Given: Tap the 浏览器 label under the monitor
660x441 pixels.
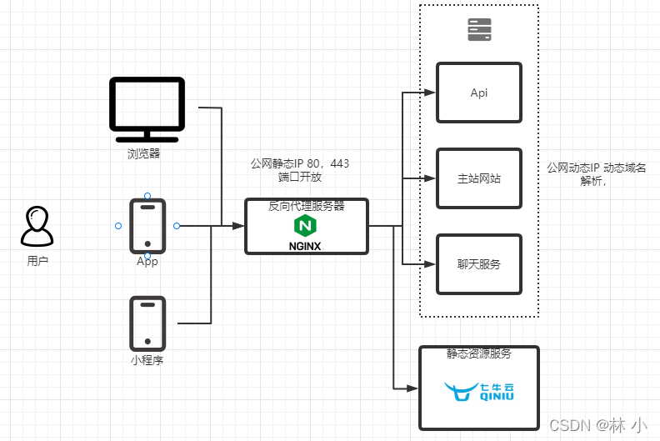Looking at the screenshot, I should [x=143, y=154].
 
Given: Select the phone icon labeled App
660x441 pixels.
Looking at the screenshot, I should [x=147, y=226].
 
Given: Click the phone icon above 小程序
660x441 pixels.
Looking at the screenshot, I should [x=147, y=323].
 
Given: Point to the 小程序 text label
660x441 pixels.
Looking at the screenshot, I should [x=147, y=361].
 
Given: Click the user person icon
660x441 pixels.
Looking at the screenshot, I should [x=37, y=227].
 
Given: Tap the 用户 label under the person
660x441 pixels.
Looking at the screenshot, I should [x=37, y=261].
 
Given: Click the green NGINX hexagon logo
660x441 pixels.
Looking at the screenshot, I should [x=305, y=226].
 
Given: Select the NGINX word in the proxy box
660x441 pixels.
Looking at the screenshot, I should [x=305, y=246].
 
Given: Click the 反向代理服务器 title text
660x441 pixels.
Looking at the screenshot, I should [x=306, y=206].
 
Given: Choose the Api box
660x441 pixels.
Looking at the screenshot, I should [x=479, y=93].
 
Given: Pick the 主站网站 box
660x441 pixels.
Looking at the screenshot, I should [x=479, y=178].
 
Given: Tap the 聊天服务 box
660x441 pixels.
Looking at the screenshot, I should [x=479, y=264].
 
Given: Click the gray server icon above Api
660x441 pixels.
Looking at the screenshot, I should [x=479, y=30].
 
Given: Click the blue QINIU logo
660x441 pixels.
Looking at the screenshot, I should [x=479, y=391].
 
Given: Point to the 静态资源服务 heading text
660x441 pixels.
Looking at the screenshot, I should [x=479, y=353].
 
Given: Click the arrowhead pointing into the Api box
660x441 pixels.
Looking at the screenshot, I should [x=430, y=93].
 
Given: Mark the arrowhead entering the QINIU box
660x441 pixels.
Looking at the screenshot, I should [x=411, y=388].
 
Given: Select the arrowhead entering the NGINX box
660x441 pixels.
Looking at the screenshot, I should [x=238, y=226].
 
